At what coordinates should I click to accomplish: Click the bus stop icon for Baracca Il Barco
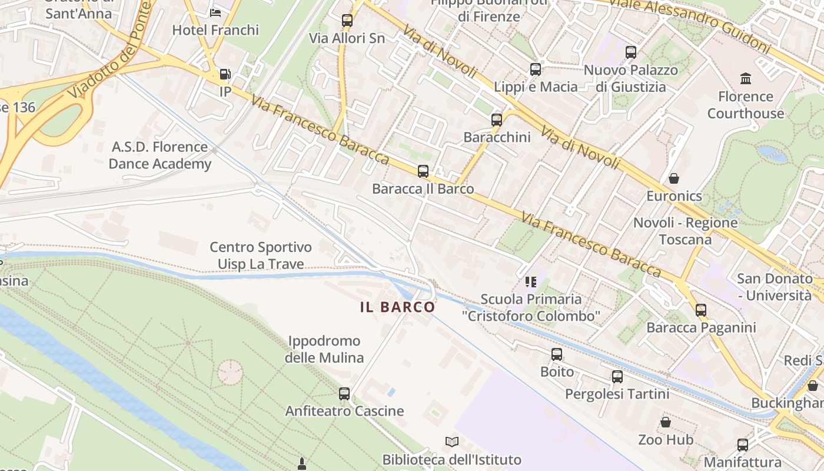(x=423, y=171)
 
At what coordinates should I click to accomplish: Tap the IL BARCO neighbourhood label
(x=398, y=307)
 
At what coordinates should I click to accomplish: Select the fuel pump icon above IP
(x=224, y=74)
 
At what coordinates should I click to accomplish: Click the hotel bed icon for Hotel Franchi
(x=215, y=12)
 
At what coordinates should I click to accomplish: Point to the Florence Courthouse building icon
(x=746, y=78)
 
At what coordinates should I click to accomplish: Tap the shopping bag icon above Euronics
(x=673, y=178)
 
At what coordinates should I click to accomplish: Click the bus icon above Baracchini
(x=497, y=120)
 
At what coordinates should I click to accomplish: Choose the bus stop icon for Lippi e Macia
(x=535, y=69)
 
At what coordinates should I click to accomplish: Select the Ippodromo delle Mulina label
(x=324, y=349)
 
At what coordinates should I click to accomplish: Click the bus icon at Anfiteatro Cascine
(x=344, y=393)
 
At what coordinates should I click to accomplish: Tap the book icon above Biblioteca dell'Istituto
(x=451, y=442)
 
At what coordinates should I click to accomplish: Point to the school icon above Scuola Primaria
(x=531, y=282)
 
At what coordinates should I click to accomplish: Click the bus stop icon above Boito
(x=556, y=354)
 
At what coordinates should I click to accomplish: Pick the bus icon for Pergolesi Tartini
(x=617, y=376)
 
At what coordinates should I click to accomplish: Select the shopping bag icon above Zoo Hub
(x=665, y=422)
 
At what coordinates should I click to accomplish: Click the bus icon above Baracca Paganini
(x=700, y=310)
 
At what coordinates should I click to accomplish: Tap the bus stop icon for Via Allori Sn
(x=347, y=21)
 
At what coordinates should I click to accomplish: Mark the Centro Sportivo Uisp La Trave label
(x=261, y=256)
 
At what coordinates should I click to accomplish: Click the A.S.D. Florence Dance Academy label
(x=160, y=155)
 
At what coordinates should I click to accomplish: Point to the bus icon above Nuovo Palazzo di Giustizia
(x=631, y=52)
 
